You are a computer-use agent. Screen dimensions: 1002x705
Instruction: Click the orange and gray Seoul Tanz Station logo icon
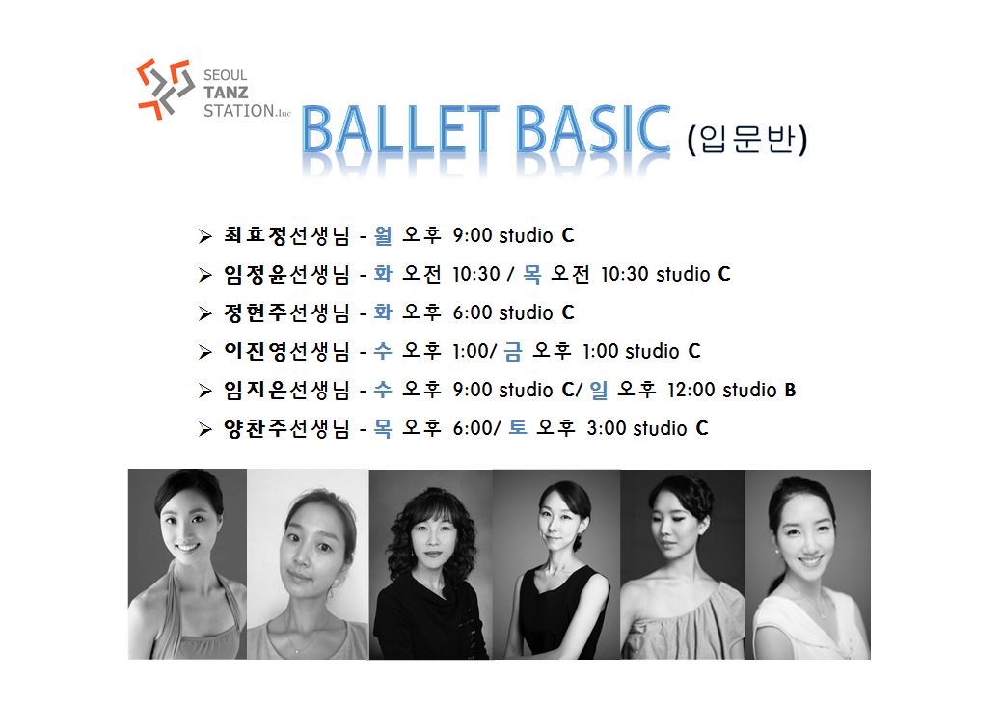click(x=166, y=89)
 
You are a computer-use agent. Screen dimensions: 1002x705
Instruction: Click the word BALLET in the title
click(x=400, y=130)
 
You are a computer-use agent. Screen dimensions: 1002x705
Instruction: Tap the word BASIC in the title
click(x=593, y=130)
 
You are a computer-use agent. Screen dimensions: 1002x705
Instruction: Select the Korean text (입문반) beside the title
click(x=747, y=139)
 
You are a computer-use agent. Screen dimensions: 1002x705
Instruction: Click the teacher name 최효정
click(x=256, y=236)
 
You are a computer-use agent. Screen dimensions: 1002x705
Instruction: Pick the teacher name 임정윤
click(x=256, y=274)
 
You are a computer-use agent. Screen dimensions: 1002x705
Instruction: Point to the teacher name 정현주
click(x=256, y=312)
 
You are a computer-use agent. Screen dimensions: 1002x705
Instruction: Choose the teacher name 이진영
click(x=256, y=351)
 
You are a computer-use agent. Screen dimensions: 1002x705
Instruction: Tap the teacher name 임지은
click(x=256, y=390)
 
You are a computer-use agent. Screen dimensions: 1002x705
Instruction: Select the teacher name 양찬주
click(x=256, y=428)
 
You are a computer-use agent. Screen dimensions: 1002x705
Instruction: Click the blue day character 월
click(x=383, y=236)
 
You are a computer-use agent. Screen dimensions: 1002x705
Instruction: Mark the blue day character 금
click(x=513, y=351)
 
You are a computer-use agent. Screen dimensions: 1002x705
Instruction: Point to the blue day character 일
click(x=599, y=390)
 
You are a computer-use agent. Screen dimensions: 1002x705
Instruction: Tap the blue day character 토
click(x=518, y=427)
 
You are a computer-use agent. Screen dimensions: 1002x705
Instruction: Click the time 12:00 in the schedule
click(x=691, y=390)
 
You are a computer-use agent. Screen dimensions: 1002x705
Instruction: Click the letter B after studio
click(x=791, y=390)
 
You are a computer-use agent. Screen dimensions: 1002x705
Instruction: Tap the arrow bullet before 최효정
click(x=205, y=236)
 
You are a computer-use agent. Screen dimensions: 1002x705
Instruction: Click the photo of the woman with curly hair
click(x=431, y=564)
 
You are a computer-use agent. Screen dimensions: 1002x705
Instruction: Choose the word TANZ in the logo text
click(x=226, y=93)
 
